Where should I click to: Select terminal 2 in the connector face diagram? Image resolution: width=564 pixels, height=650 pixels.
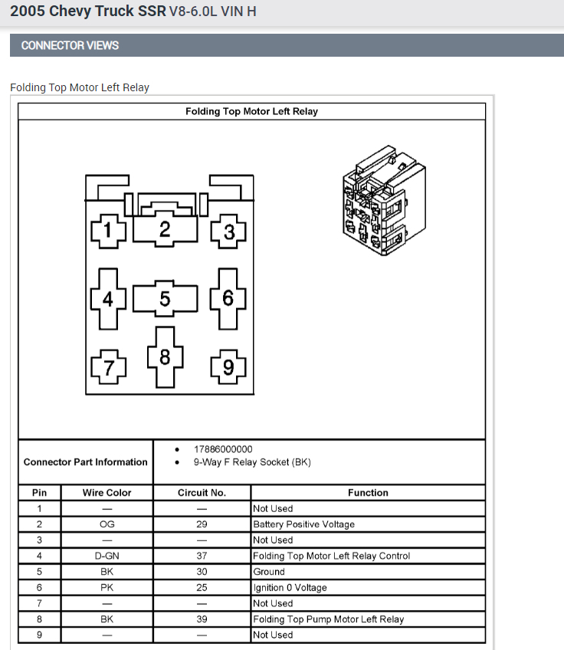click(x=165, y=228)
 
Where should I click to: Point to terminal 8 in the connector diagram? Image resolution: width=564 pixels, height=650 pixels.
click(x=165, y=356)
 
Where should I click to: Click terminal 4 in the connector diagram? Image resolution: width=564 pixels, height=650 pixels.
click(x=108, y=299)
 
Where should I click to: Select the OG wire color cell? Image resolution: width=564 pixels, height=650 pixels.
click(x=107, y=524)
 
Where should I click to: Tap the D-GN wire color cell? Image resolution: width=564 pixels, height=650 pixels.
click(x=107, y=556)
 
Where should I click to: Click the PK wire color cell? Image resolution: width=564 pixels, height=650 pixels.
click(x=107, y=587)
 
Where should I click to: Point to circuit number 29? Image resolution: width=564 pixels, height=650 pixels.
click(x=202, y=524)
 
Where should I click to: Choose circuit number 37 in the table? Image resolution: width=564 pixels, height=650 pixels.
click(x=202, y=556)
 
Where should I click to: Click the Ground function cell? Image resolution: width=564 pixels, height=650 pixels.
click(x=269, y=572)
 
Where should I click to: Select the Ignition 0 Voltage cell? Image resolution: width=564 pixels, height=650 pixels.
click(x=290, y=588)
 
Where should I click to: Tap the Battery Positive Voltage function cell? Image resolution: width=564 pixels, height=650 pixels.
click(x=303, y=524)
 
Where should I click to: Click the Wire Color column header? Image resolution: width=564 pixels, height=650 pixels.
click(x=107, y=493)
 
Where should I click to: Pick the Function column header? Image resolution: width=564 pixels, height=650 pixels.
click(x=368, y=493)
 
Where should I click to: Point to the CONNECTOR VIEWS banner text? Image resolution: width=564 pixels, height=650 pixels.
click(x=70, y=45)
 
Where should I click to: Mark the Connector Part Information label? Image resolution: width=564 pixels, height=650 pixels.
click(x=85, y=462)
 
